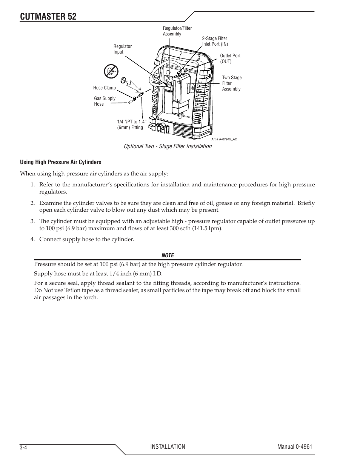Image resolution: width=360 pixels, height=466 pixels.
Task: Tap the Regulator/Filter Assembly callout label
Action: tap(177, 31)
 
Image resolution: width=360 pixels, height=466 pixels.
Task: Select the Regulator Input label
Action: tap(123, 49)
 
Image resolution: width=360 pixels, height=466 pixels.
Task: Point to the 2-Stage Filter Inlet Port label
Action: tap(215, 41)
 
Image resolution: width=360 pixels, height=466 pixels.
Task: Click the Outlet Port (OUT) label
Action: tap(230, 58)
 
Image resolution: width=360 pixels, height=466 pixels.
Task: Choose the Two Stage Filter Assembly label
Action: tap(232, 83)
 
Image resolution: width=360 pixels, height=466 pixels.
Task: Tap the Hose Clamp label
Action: tap(105, 88)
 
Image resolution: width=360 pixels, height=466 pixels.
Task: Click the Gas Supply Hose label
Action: tap(105, 101)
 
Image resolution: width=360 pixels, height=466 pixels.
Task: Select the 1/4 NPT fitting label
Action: tap(131, 125)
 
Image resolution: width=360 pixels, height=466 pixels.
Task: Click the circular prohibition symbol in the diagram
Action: tap(111, 71)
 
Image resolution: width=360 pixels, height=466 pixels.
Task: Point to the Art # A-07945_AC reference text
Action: tap(224, 139)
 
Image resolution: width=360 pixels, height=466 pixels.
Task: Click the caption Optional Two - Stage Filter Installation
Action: tap(168, 146)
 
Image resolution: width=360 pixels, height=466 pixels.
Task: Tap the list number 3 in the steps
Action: tap(32, 221)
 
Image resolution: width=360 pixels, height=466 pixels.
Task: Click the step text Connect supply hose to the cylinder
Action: tap(86, 239)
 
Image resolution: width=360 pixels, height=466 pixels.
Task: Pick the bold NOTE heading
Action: tap(168, 255)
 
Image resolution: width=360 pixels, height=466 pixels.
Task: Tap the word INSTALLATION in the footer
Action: tap(168, 447)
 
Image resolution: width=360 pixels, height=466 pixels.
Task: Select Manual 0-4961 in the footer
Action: tap(295, 447)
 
